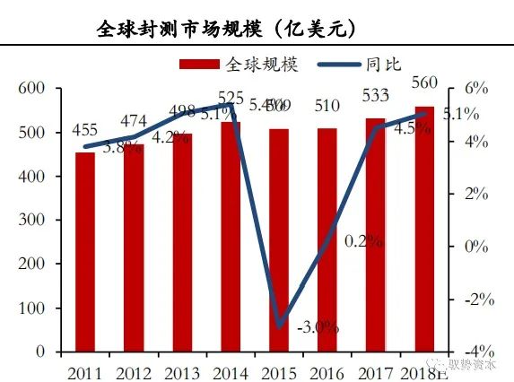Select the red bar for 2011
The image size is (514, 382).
85,252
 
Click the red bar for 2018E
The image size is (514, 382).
423,229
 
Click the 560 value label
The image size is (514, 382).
423,84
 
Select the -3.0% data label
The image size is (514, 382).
317,327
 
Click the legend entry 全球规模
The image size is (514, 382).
248,65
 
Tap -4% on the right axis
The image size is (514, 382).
475,351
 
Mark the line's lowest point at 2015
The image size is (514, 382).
280,325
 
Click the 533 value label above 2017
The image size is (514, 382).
376,95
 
